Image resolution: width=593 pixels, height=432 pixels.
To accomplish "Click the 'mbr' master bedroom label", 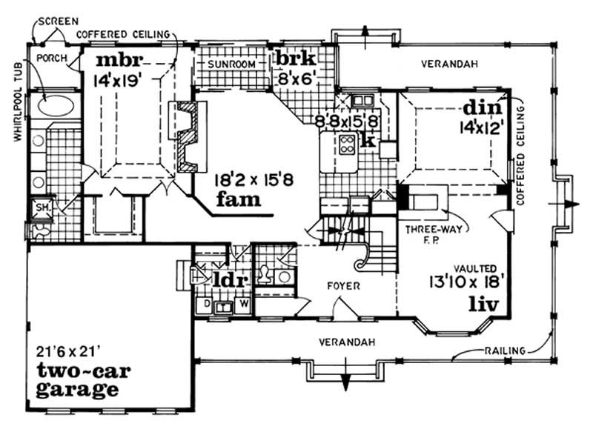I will point(124,60).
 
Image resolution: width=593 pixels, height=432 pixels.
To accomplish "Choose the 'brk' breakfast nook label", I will point(296,59).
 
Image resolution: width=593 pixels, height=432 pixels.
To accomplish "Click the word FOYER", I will point(344,285).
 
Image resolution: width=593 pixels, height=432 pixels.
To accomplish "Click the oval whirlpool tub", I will point(55,106).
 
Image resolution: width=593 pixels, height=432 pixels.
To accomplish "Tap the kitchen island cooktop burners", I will point(346,144).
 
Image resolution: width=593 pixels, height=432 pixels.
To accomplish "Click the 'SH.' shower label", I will point(42,210).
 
